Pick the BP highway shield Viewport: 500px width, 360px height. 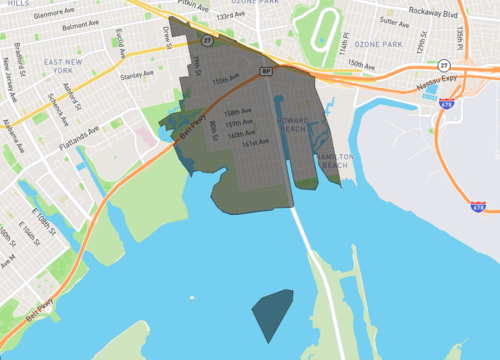tap(266, 71)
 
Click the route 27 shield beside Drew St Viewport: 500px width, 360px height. tap(207, 41)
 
